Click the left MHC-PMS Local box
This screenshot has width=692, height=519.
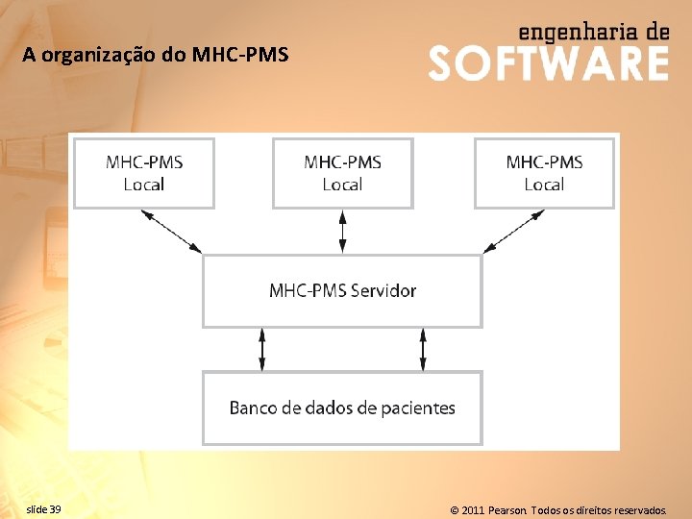pos(143,173)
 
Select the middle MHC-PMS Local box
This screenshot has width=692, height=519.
pos(342,173)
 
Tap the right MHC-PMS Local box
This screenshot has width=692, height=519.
pos(544,173)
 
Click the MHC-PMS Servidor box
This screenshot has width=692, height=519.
pos(342,290)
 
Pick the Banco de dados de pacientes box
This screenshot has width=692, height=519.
pos(342,408)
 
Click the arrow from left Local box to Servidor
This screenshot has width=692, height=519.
pos(172,231)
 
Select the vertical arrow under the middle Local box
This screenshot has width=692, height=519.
pos(342,232)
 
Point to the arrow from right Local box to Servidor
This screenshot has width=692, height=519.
pos(514,231)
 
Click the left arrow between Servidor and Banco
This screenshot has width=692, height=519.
pos(262,349)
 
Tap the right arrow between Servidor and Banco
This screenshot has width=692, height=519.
pos(423,349)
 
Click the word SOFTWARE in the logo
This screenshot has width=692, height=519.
pos(548,63)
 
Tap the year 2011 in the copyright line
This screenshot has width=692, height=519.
pos(473,509)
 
